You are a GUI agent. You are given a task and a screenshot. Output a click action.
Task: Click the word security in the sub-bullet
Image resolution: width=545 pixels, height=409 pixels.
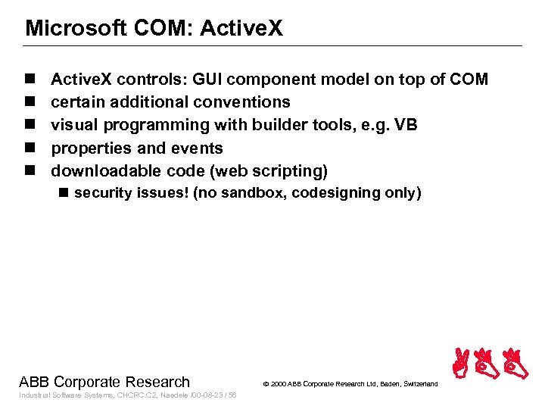point(103,193)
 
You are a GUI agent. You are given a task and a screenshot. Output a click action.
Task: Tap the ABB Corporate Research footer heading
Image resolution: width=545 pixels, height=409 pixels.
point(104,382)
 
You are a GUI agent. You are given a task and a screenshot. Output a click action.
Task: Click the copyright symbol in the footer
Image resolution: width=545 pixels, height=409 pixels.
point(266,385)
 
